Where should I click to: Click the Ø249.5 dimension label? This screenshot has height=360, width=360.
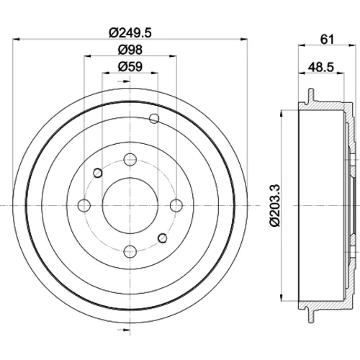tap(130, 33)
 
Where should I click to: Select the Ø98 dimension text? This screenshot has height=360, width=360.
tap(130, 50)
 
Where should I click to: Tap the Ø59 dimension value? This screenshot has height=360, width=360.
tap(130, 66)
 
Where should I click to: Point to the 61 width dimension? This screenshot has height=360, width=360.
tap(327, 39)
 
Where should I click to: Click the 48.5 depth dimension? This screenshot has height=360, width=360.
tap(321, 67)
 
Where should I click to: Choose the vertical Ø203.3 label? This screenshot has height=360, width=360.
tap(275, 205)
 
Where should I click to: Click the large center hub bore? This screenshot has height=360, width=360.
tap(130, 205)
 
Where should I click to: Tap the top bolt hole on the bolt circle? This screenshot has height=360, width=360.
tap(130, 159)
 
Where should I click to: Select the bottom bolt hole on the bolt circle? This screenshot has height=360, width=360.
tap(130, 251)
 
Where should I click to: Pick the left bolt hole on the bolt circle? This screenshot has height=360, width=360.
tap(84, 205)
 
